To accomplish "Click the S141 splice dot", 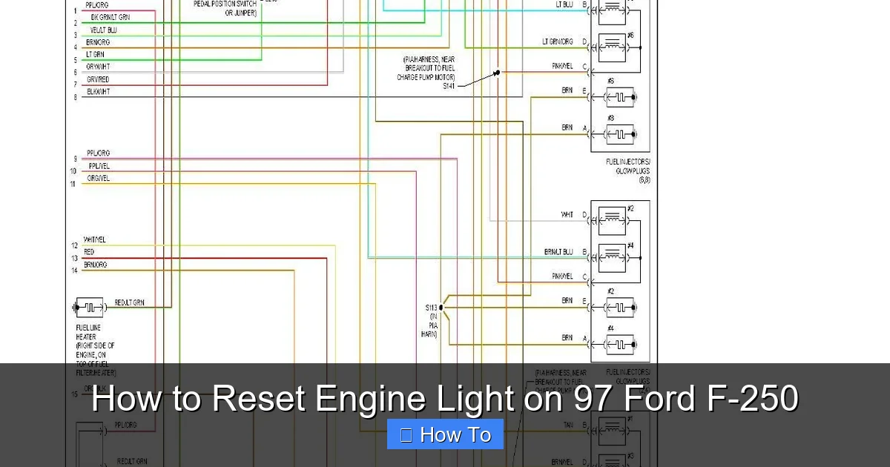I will [498, 73].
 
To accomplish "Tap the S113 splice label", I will [431, 307].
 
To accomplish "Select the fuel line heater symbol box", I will [90, 307].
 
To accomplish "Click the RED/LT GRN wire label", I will [130, 302].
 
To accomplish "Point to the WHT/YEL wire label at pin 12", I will [96, 240].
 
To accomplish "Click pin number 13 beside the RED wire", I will [74, 258].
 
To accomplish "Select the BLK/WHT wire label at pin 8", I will [98, 92].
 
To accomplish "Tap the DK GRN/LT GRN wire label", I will [110, 17].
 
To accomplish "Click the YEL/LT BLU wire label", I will [103, 30].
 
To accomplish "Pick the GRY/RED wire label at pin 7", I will [98, 79].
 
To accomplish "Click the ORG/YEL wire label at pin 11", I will [99, 178].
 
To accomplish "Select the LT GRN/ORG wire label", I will [557, 42].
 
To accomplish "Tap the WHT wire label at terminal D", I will [567, 215].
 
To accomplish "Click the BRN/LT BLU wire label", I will [558, 252].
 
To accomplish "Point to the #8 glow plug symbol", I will [620, 134].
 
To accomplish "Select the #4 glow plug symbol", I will [620, 344].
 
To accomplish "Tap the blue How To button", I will [445, 434].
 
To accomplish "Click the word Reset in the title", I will [260, 399].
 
